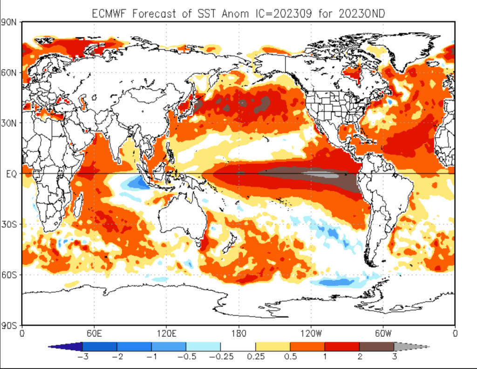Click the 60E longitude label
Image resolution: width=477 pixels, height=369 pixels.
click(x=94, y=334)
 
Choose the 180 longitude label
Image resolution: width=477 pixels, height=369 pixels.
click(x=238, y=334)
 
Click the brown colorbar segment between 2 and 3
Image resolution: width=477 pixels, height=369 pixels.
click(x=376, y=347)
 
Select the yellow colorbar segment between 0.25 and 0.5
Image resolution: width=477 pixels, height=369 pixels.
click(x=273, y=347)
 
